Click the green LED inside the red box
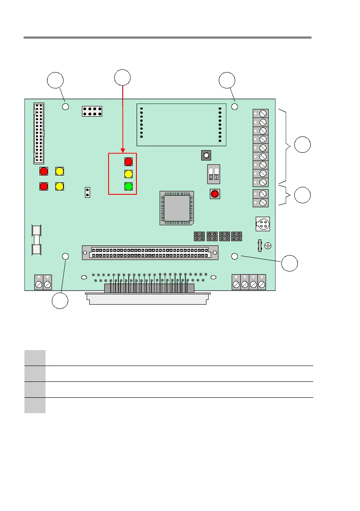coord(128,187)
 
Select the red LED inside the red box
coord(128,161)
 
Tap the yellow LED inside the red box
coord(128,174)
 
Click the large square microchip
coord(176,208)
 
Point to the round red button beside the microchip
coord(215,194)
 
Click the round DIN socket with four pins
coord(262,223)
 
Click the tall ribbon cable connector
coord(39,133)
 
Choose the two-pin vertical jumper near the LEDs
coord(88,192)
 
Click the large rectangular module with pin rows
coord(181,125)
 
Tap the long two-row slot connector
coord(150,252)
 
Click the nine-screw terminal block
coord(261,147)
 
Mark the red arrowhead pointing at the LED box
coord(123,151)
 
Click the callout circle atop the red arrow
coord(123,77)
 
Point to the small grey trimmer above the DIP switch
coord(206,155)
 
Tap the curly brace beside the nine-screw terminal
coord(287,146)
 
